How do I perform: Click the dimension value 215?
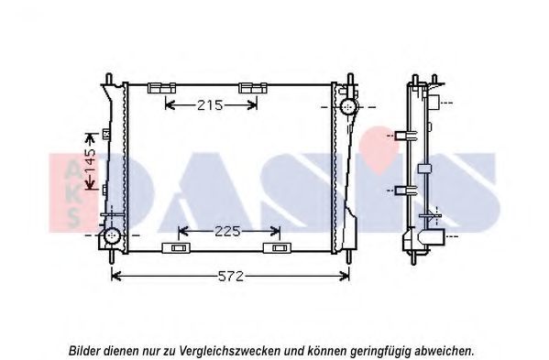click(210, 105)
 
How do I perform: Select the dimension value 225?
click(227, 231)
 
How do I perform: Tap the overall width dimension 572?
click(230, 277)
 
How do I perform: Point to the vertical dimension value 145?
click(91, 161)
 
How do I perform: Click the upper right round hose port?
click(348, 106)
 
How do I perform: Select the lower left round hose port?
click(112, 235)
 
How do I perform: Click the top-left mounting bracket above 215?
click(161, 88)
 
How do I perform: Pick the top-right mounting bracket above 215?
click(253, 88)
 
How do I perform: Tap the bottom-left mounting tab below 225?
click(176, 247)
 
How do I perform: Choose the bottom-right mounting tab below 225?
click(277, 247)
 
